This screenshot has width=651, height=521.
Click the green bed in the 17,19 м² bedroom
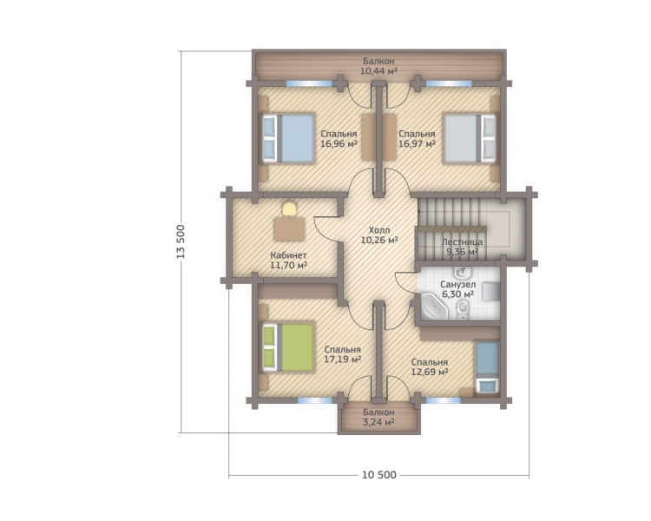(287, 347)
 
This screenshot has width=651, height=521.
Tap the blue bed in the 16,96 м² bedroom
(287, 138)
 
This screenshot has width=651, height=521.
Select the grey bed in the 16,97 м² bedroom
(470, 138)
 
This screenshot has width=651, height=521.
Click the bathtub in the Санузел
(434, 307)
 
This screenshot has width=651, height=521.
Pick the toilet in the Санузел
(463, 309)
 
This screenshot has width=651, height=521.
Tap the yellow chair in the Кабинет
(289, 208)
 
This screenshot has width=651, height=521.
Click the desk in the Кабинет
(289, 229)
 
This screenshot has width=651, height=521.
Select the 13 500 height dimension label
(181, 241)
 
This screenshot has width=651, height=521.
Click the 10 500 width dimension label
(379, 474)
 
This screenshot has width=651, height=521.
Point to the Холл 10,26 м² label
(379, 234)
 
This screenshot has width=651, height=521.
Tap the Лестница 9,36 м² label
(462, 247)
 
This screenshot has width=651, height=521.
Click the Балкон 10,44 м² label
(378, 66)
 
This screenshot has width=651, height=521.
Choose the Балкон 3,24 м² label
(378, 417)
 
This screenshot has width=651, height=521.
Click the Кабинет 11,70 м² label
(288, 260)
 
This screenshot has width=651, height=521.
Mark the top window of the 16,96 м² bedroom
(309, 83)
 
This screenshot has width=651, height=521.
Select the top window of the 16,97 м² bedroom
(449, 83)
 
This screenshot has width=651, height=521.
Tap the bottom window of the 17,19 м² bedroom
(315, 400)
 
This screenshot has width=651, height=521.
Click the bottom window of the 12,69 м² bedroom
(444, 400)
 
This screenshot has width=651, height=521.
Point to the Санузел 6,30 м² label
(458, 289)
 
